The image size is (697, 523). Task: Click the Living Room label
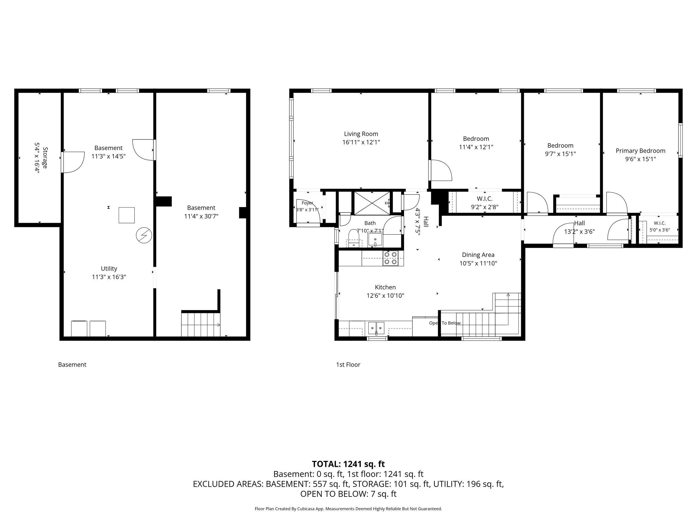(361, 134)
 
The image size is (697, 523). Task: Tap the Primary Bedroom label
(640, 151)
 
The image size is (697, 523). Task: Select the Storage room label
(45, 158)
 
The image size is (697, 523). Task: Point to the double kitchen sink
(376, 328)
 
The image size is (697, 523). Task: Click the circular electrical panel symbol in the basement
(144, 236)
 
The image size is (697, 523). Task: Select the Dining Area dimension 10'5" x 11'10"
(478, 263)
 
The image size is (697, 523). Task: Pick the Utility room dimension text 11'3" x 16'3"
(109, 277)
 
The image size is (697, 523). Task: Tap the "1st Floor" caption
(348, 364)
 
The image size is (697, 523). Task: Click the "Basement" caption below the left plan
(72, 364)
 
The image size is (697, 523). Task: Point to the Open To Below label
(445, 323)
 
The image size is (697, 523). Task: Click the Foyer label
(307, 203)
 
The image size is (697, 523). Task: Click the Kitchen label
(385, 287)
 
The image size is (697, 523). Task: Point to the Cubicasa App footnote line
(348, 509)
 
